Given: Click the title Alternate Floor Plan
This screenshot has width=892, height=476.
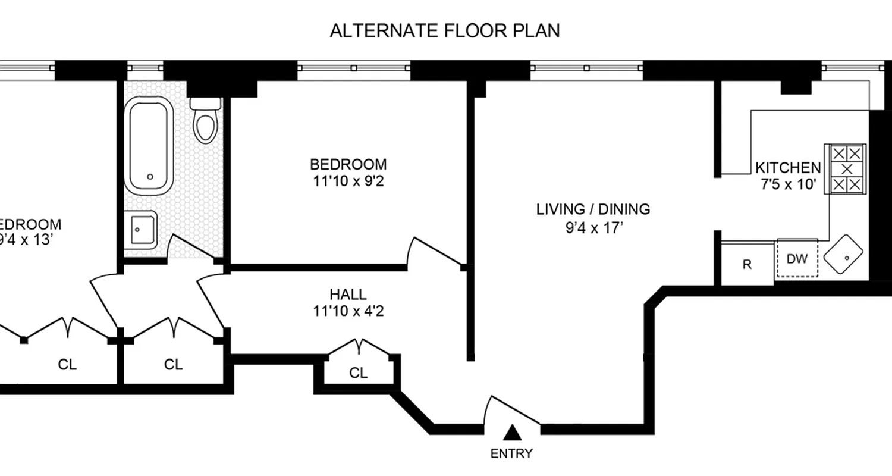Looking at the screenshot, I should click(445, 31).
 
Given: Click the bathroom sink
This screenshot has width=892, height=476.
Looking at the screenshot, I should click(141, 230).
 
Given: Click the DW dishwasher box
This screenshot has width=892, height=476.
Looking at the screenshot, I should click(797, 259).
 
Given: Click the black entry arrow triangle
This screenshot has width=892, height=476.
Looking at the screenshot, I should click(511, 432).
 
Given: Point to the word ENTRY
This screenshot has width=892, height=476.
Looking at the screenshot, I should click(511, 453).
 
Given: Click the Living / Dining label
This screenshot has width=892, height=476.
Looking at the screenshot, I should click(593, 209).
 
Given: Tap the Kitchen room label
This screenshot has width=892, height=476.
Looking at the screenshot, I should click(788, 168).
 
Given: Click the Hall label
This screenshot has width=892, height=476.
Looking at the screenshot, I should click(348, 294).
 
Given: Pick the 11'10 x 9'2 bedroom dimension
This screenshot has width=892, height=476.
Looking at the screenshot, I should click(348, 181).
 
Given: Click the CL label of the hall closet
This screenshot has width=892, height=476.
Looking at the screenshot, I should click(358, 373).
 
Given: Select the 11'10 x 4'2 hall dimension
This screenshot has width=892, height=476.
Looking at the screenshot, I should click(348, 311).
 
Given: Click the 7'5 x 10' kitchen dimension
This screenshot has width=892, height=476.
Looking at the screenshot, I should click(788, 184).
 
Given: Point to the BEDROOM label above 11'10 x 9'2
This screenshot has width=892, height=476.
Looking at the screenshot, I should click(348, 164).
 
